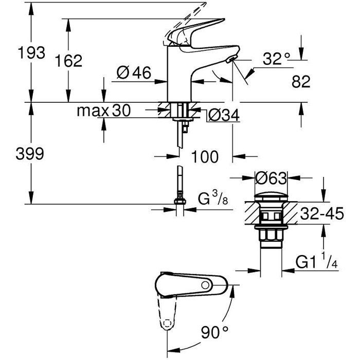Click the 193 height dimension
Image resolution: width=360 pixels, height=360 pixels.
pyautogui.click(x=31, y=53)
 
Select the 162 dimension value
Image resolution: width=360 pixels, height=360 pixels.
pyautogui.click(x=69, y=61)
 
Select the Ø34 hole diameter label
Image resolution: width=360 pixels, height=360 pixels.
pyautogui.click(x=225, y=116)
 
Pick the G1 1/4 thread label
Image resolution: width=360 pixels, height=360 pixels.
pyautogui.click(x=316, y=264)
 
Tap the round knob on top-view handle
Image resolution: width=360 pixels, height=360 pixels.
pyautogui.click(x=204, y=284)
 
